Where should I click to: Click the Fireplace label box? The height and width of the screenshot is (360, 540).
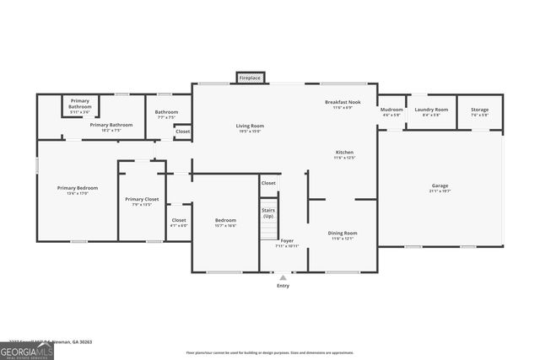tap(250, 78)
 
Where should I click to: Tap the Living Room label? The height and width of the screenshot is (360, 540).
tap(250, 126)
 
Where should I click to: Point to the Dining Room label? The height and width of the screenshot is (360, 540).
tap(343, 233)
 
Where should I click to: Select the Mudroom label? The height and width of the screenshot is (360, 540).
tap(391, 109)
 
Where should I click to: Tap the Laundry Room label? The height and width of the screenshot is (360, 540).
tap(431, 109)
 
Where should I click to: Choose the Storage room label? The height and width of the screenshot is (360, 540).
tap(479, 109)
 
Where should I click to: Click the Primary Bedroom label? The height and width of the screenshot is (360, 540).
tap(78, 187)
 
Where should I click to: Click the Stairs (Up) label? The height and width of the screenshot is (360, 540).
tap(268, 212)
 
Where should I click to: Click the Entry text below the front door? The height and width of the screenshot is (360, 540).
tap(283, 286)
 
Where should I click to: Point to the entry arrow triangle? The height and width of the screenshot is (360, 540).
tap(283, 277)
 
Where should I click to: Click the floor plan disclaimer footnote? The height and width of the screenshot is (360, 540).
tap(270, 353)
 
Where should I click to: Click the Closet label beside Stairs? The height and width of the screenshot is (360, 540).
tap(268, 182)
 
